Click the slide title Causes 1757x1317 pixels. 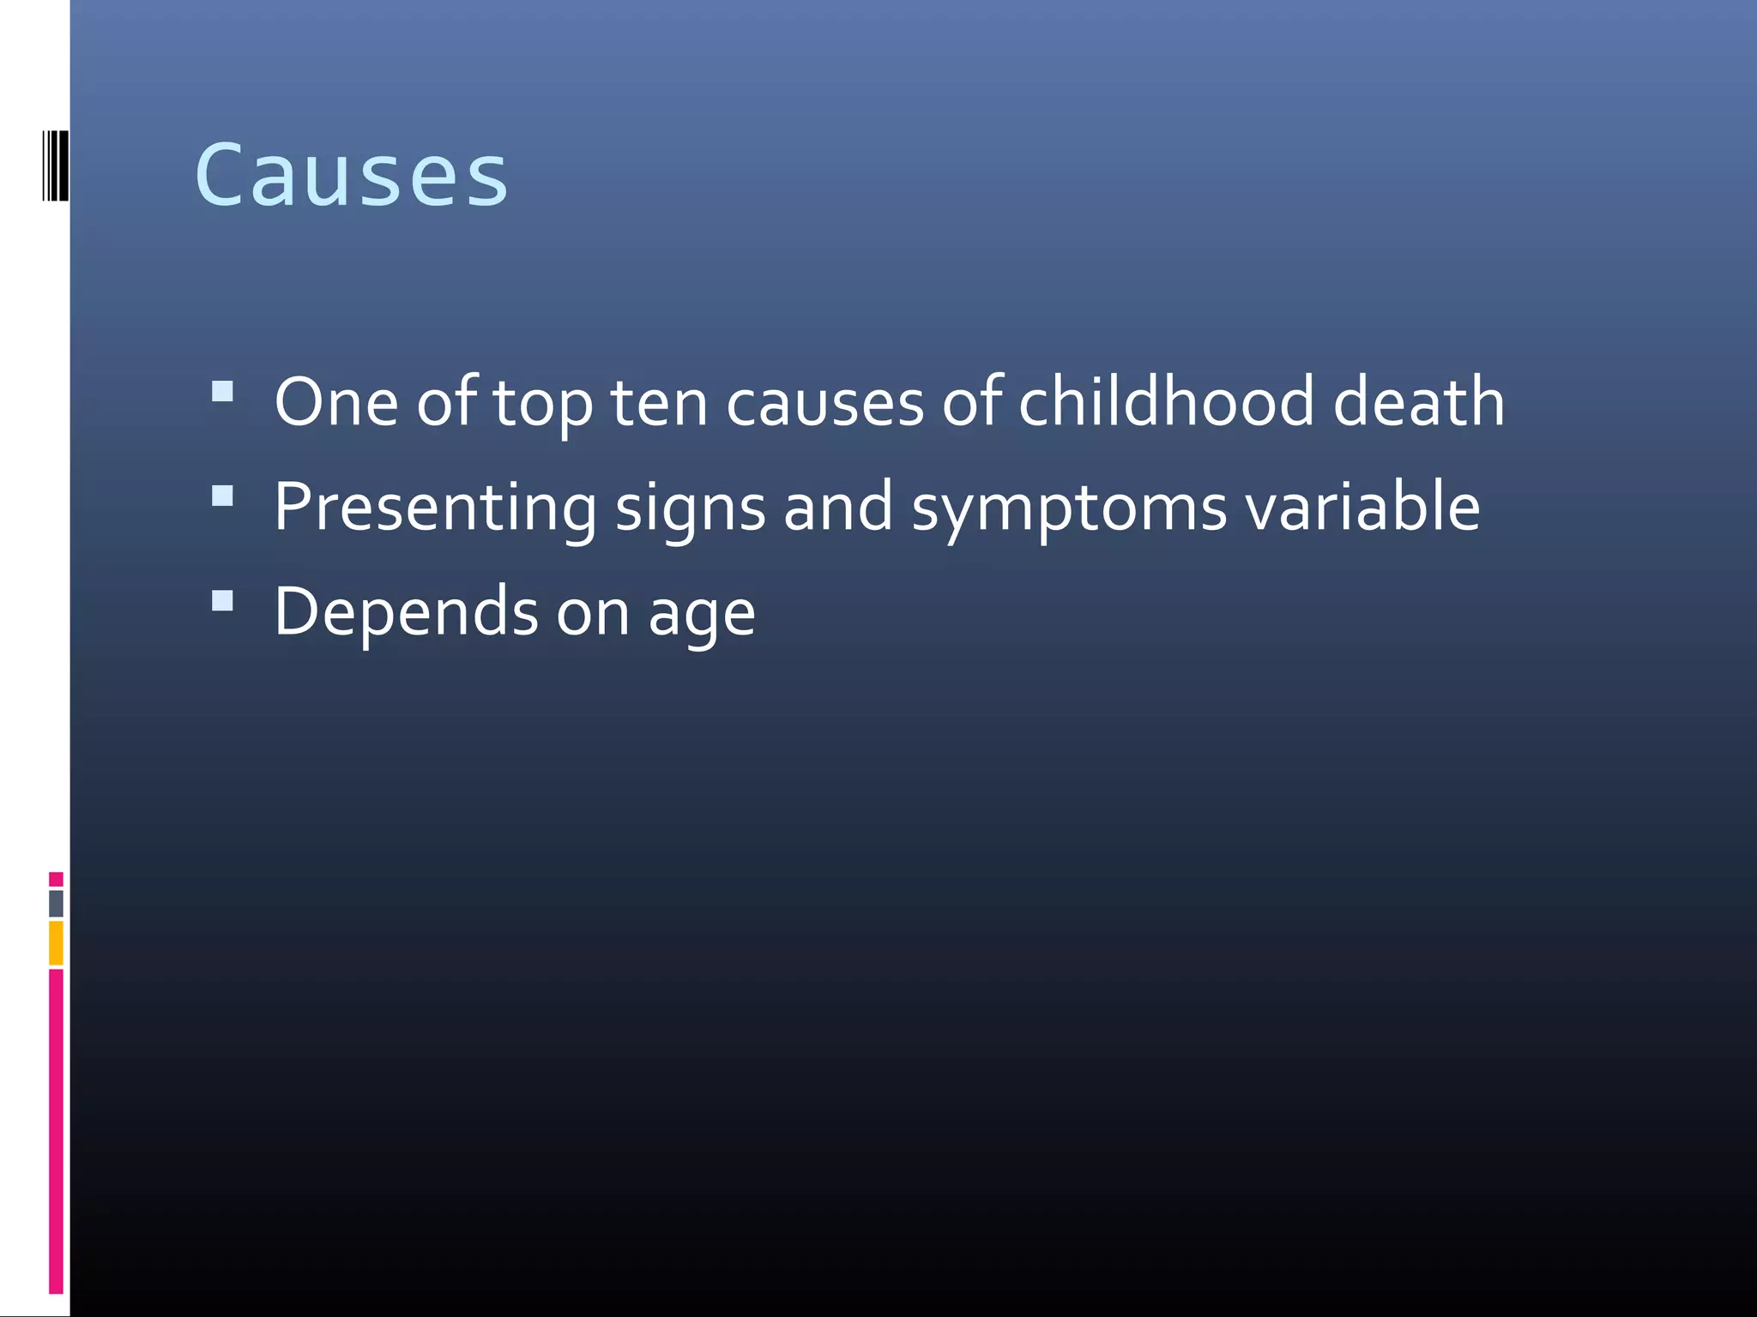click(351, 175)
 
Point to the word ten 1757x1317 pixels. click(659, 402)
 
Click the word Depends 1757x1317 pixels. click(406, 611)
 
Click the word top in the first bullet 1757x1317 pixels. click(542, 404)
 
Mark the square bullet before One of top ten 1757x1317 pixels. click(222, 392)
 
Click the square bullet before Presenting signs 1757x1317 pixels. click(222, 496)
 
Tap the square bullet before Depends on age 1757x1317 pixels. click(222, 600)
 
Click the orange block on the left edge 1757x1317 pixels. click(56, 942)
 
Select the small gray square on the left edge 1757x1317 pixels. click(56, 903)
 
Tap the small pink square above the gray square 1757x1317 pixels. click(56, 879)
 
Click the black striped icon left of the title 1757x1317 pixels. click(55, 165)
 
